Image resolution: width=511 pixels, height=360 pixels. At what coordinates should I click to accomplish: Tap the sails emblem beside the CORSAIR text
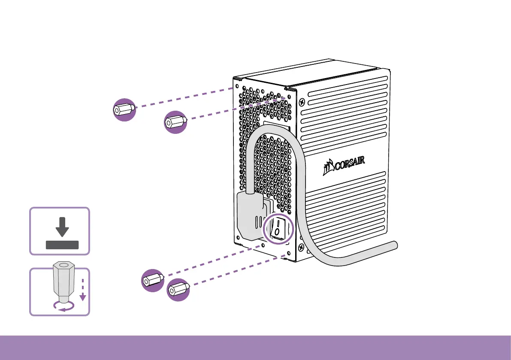click(x=328, y=169)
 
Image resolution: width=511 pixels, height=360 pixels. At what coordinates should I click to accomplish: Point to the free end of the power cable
click(x=393, y=245)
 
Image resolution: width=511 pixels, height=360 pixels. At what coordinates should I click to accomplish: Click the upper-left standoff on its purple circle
click(x=124, y=109)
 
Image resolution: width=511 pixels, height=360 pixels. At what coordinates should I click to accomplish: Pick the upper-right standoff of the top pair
click(x=175, y=121)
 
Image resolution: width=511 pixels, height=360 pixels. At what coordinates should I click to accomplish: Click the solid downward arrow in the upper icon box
click(x=63, y=227)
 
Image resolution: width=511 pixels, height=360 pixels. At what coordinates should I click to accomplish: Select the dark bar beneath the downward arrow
click(x=62, y=245)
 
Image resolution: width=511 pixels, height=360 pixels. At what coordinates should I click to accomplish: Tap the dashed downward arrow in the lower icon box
click(x=83, y=290)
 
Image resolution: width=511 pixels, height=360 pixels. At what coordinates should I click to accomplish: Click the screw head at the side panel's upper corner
click(x=303, y=102)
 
